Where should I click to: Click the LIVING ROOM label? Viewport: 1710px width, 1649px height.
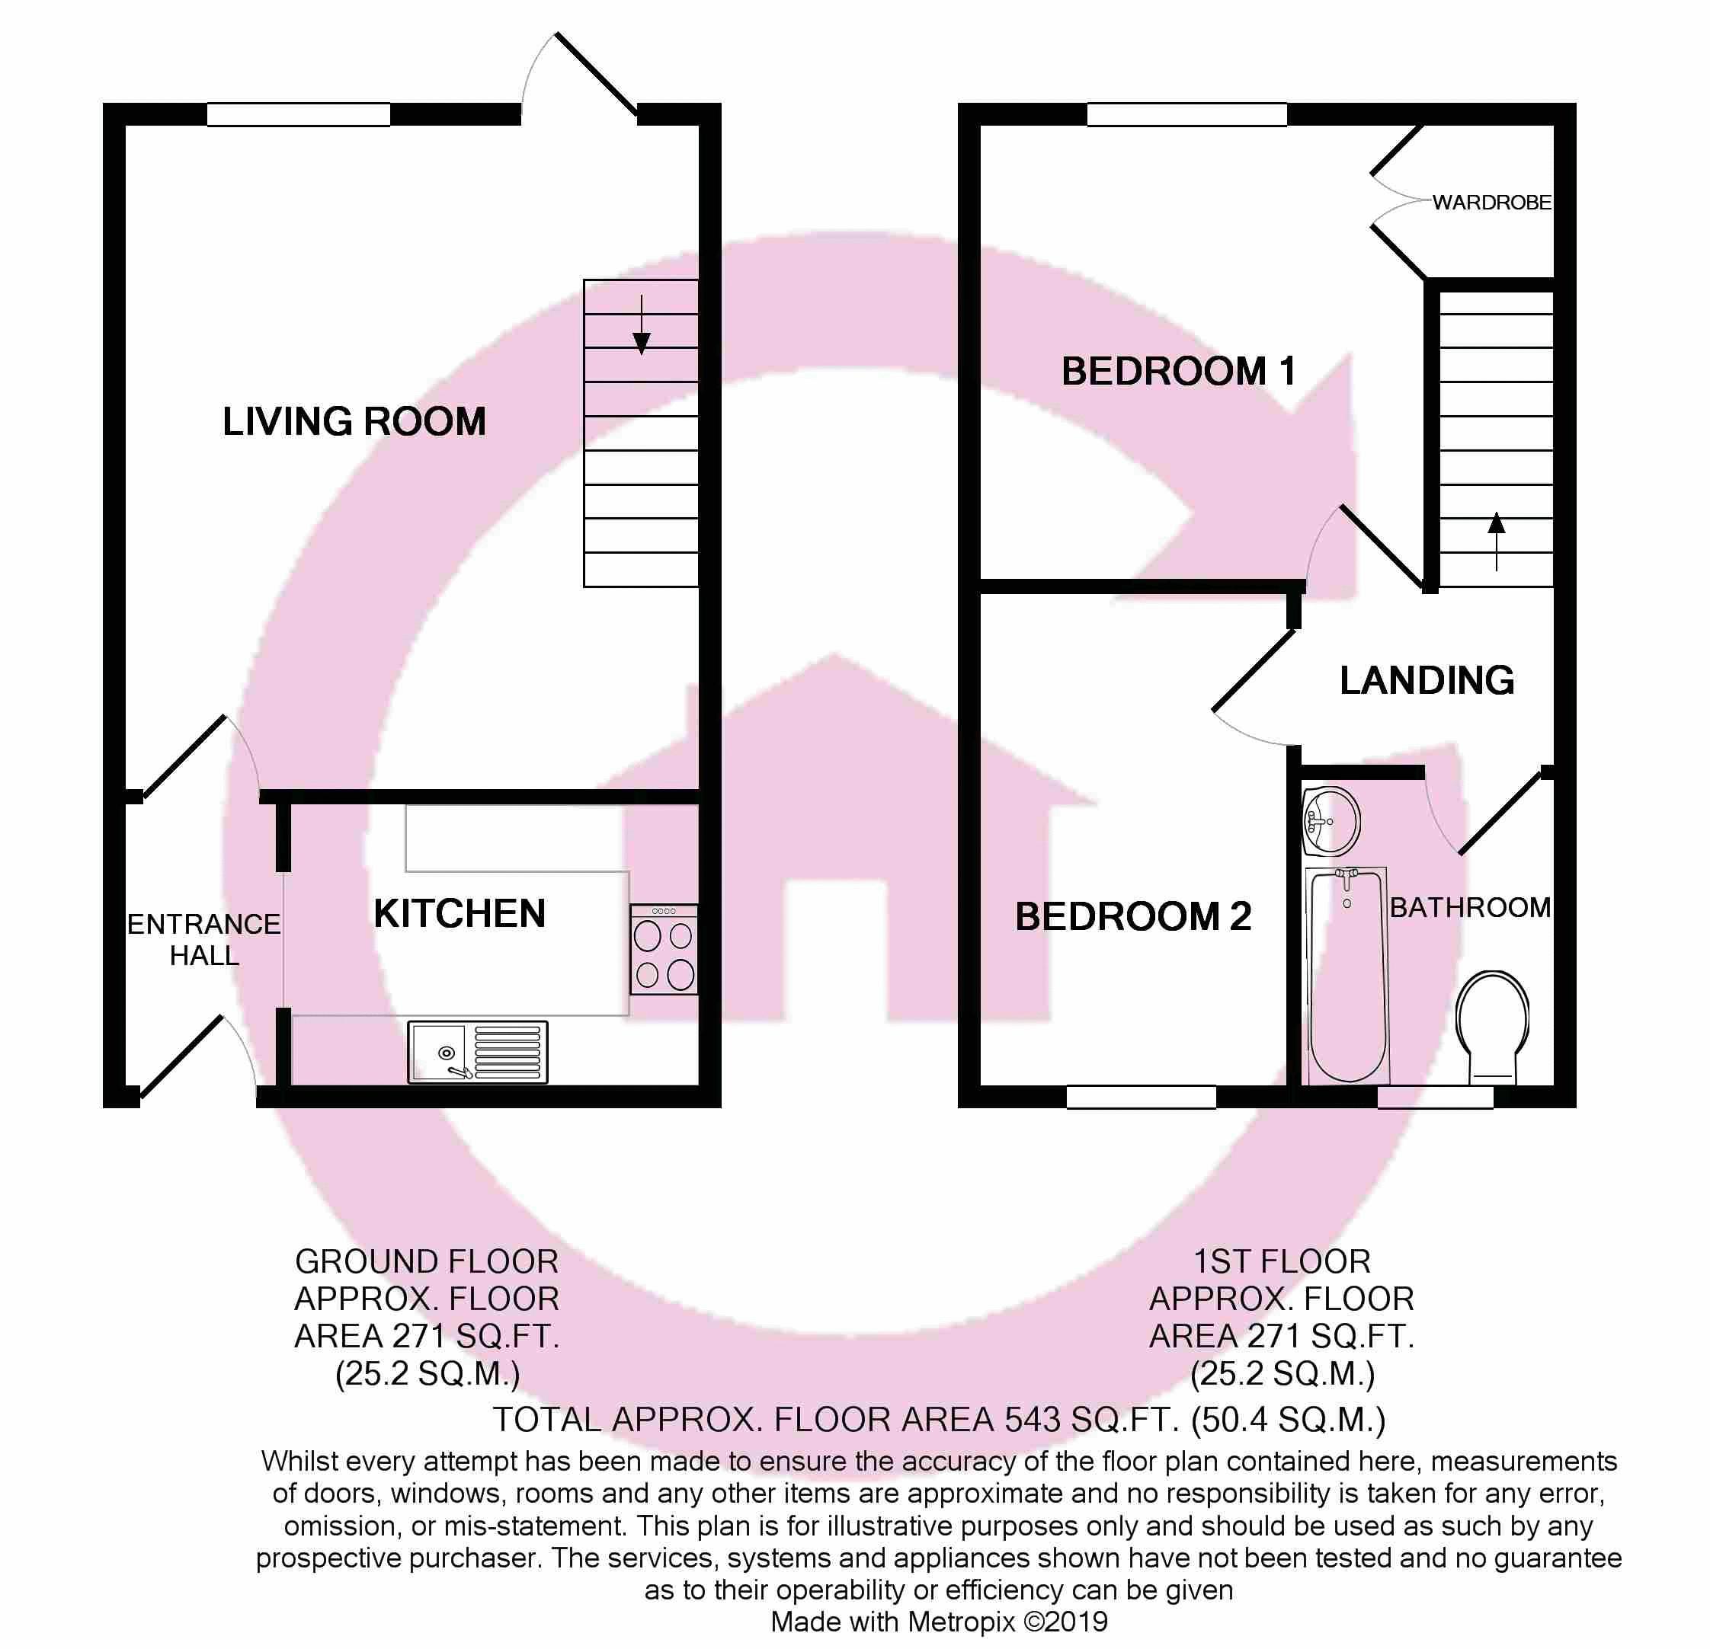(354, 422)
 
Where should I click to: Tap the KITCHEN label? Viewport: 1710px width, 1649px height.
(460, 914)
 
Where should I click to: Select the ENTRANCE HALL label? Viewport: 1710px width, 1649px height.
(204, 939)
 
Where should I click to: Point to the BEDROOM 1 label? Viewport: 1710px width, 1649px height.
(1178, 372)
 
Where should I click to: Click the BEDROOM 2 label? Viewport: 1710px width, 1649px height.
(1132, 916)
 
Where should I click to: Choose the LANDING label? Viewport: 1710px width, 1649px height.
(1427, 680)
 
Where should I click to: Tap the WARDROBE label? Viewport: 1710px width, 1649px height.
(1492, 203)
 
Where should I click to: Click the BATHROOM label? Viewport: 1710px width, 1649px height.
(1470, 908)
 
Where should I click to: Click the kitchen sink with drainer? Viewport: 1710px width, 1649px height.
(477, 1053)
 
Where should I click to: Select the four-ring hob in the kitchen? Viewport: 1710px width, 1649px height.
(664, 950)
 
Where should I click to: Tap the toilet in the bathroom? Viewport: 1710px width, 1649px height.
(1493, 1027)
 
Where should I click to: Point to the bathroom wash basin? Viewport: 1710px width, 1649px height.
(1331, 821)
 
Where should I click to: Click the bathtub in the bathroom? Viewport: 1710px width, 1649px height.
(1348, 975)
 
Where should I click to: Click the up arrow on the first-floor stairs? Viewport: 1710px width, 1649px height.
(1497, 542)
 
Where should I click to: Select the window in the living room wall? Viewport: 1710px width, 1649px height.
(299, 114)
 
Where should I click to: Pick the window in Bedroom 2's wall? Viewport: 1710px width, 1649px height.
(1142, 1097)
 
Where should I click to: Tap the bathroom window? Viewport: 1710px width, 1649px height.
(1435, 1097)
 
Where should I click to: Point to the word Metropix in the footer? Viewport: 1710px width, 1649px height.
(962, 1622)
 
